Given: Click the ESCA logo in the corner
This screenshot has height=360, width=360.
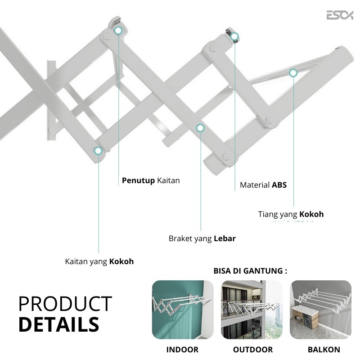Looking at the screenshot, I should (x=340, y=15).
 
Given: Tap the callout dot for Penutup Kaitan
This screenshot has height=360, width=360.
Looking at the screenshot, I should (x=118, y=31).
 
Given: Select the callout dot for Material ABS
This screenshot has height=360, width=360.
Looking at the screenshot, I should (x=234, y=37).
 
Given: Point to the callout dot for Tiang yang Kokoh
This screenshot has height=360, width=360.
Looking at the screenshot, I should (x=293, y=72).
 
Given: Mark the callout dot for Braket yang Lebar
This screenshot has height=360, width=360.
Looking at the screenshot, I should (x=200, y=128).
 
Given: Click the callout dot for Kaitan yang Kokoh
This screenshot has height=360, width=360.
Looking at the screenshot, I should (x=98, y=151).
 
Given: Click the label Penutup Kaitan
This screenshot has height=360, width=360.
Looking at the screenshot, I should (x=151, y=180).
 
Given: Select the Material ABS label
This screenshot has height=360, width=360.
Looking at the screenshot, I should (x=263, y=185).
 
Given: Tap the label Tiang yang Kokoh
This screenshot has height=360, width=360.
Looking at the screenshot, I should (x=291, y=214).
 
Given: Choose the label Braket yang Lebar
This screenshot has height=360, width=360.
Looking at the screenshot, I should (x=202, y=238).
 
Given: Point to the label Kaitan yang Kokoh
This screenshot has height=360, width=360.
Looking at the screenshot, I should (x=99, y=261).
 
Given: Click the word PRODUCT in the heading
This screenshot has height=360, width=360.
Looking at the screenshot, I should (x=65, y=304).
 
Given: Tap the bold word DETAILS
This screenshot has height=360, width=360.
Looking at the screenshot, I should (x=58, y=324).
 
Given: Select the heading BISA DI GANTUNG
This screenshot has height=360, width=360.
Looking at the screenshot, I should (x=250, y=271).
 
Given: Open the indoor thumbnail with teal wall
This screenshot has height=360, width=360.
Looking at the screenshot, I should (x=183, y=310).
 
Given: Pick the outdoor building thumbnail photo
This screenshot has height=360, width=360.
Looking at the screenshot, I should (x=252, y=310).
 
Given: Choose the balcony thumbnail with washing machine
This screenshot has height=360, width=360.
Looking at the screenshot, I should (x=321, y=310).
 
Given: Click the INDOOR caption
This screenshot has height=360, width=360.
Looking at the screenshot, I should (x=182, y=350).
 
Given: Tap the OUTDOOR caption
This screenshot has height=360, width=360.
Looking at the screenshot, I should (x=252, y=350).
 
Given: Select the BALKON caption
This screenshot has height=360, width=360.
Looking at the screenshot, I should (x=324, y=350).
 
